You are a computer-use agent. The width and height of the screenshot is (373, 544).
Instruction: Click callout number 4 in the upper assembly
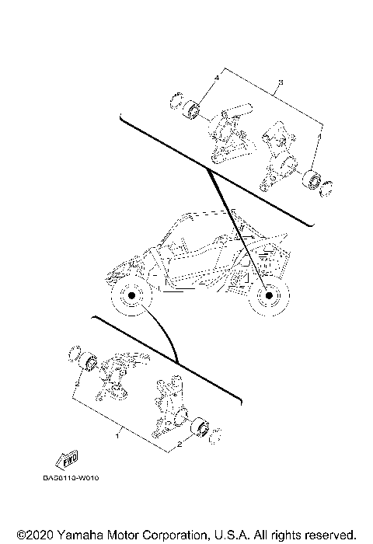click(218, 79)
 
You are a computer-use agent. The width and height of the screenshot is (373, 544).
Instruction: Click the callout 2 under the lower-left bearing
click(78, 382)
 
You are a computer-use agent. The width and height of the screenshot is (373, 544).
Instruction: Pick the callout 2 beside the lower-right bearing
click(180, 445)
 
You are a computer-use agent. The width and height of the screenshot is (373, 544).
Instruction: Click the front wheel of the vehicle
click(131, 298)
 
